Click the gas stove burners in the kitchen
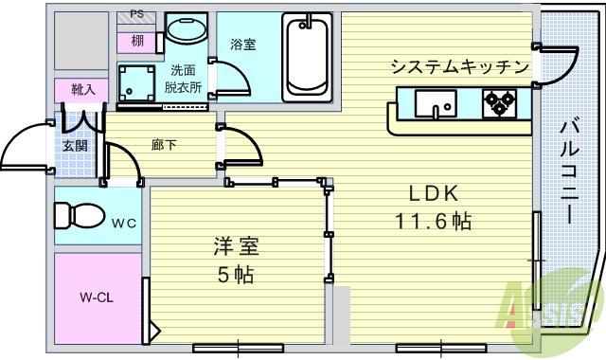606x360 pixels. pyautogui.click(x=498, y=101)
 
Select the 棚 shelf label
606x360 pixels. pyautogui.click(x=138, y=41)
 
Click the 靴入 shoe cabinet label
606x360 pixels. pyautogui.click(x=82, y=90)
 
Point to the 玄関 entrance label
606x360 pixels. pyautogui.click(x=76, y=146)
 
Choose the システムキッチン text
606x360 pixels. pyautogui.click(x=459, y=66)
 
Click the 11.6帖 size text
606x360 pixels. pyautogui.click(x=435, y=222)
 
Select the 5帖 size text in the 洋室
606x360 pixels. pyautogui.click(x=237, y=275)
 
